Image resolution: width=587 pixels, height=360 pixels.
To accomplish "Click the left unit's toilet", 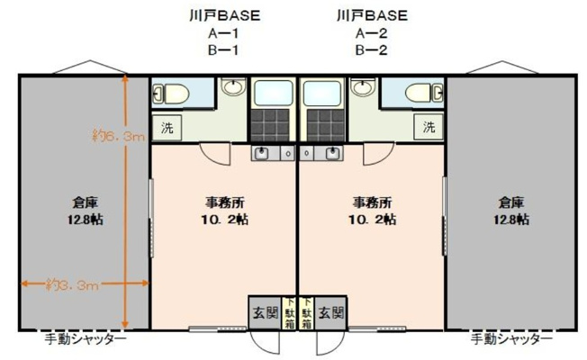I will pyautogui.click(x=172, y=92).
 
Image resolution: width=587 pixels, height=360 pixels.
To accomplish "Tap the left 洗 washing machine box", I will pyautogui.click(x=167, y=128).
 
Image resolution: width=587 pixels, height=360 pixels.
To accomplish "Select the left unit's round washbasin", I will pyautogui.click(x=233, y=88).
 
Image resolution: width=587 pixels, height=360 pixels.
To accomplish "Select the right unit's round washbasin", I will pyautogui.click(x=363, y=88).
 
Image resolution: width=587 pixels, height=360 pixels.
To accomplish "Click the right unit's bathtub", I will pyautogui.click(x=322, y=93).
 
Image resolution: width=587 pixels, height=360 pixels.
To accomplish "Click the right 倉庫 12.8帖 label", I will pyautogui.click(x=510, y=211).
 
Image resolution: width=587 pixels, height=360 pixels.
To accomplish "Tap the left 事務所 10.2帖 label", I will pyautogui.click(x=221, y=211).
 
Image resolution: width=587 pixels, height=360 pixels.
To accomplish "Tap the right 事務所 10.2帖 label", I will pyautogui.click(x=372, y=211).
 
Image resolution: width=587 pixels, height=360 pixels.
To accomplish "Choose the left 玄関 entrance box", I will pyautogui.click(x=264, y=313).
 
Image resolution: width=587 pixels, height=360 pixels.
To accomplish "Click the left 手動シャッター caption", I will pyautogui.click(x=86, y=339).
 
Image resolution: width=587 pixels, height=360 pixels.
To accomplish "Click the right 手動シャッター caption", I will pyautogui.click(x=511, y=339).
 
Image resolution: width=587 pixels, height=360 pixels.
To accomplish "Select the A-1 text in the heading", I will pyautogui.click(x=221, y=33).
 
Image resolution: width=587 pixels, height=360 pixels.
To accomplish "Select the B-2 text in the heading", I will pyautogui.click(x=371, y=50).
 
